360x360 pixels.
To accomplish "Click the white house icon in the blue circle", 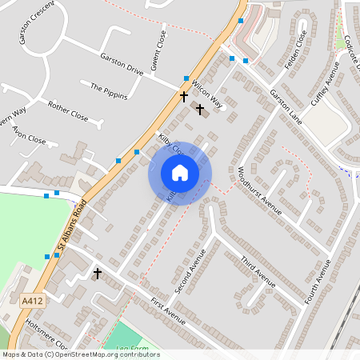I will coord(180,173).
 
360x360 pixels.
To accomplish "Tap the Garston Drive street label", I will coord(122,64).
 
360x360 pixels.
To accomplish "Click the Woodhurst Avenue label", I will coord(260,191).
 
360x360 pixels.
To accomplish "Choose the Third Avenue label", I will coord(258,271).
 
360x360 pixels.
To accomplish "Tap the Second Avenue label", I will coord(190,270).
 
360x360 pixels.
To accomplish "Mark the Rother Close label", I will coord(68,110).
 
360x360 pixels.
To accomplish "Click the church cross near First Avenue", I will coord(98,274).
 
